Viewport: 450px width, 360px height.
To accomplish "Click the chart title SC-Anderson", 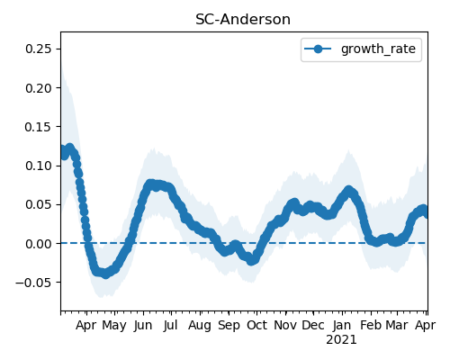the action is coord(243,20).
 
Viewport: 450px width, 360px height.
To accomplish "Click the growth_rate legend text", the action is coord(378,49).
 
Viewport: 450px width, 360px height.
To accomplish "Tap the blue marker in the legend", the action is coord(318,49).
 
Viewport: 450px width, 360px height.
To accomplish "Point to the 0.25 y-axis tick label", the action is coord(39,49).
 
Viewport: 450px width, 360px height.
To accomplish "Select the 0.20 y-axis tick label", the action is coord(39,88).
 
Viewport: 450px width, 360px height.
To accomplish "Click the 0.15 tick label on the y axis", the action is coord(39,127).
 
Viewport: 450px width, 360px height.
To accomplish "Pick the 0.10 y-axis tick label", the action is coord(39,166).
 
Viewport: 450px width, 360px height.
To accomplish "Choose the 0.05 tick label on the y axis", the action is coord(39,204).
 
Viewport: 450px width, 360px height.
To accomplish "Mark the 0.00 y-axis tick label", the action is coord(39,244).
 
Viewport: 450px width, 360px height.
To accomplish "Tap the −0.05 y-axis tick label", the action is coord(33,283).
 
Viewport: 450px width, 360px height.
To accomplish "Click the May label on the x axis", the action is coord(114,326).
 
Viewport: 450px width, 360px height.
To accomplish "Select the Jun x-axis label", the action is coord(143,326).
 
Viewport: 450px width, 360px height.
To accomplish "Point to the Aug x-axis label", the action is coord(200,326).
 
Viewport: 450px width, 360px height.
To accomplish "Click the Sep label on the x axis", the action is coord(229,326).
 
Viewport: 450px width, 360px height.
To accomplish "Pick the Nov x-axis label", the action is coord(285,326).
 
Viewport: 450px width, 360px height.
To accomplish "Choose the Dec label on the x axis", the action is coord(313,326).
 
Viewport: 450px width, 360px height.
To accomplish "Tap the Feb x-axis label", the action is coord(371,326).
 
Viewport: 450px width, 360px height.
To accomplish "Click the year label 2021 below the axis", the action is coord(341,340).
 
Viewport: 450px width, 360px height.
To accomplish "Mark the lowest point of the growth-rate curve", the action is coord(105,274).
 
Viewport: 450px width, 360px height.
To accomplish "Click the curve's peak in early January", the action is coord(348,191).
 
